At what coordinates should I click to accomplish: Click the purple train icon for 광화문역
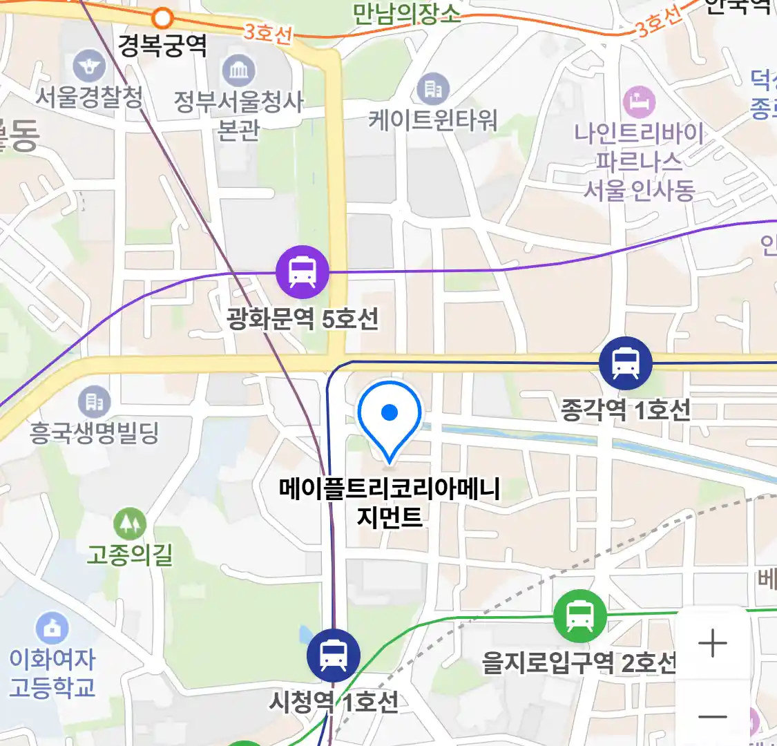[x=302, y=272]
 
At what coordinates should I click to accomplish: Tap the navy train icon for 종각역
[x=625, y=363]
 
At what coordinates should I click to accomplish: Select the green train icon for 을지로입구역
[x=580, y=616]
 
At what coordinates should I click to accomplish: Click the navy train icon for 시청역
[x=334, y=656]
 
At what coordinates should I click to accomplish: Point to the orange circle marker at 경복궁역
[x=163, y=17]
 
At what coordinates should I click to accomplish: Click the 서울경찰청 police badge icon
[x=89, y=67]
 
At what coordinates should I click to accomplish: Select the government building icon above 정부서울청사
[x=239, y=71]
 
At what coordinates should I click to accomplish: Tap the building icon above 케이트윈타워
[x=433, y=89]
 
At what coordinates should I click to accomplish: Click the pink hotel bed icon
[x=639, y=102]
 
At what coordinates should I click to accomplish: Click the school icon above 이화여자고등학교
[x=52, y=629]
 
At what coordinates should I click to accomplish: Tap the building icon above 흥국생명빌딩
[x=94, y=401]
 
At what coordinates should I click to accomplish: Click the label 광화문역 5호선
[x=303, y=318]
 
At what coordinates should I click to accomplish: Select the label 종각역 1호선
[x=625, y=410]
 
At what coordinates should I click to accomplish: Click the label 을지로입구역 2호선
[x=579, y=663]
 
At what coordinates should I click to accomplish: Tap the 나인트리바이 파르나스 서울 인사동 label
[x=639, y=161]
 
